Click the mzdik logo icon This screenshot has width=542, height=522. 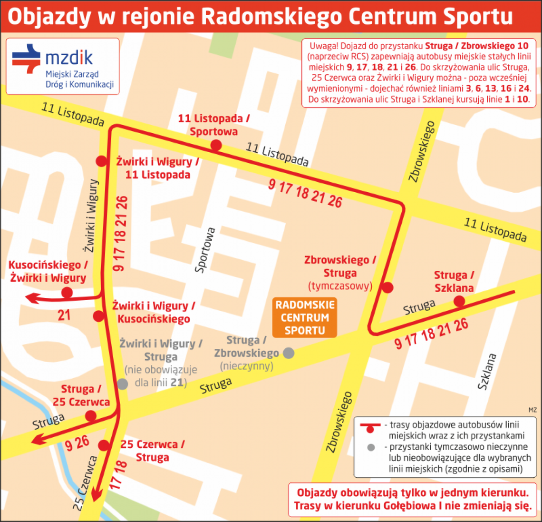tap(26, 59)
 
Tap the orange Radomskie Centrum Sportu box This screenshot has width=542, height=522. tap(305, 318)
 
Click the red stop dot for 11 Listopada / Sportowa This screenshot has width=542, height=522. tap(216, 145)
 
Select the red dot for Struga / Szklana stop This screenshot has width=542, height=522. tap(459, 301)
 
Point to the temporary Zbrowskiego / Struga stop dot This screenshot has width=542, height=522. tap(388, 287)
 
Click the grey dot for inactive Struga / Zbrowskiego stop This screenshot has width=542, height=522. tap(289, 353)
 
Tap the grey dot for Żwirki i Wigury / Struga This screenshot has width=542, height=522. tap(123, 384)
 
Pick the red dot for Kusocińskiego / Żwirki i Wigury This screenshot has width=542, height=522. tap(67, 292)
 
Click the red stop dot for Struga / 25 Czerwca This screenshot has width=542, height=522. tap(91, 416)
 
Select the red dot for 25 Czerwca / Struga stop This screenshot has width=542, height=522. tap(104, 445)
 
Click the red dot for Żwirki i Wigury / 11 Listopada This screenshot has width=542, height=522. tap(101, 161)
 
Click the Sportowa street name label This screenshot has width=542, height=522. tap(205, 250)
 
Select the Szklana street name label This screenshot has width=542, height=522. tap(487, 372)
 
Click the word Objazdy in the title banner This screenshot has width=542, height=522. tap(49, 16)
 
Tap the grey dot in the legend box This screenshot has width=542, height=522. tap(371, 447)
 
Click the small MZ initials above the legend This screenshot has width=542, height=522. tap(532, 410)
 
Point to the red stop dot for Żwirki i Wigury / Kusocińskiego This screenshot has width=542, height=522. tap(98, 316)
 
